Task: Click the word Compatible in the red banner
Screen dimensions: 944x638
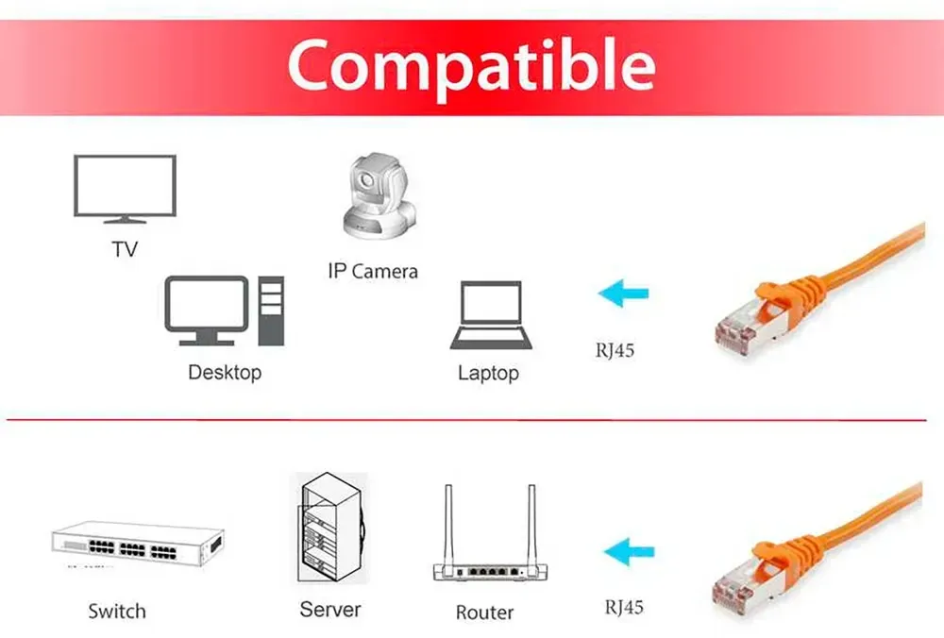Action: [x=471, y=67]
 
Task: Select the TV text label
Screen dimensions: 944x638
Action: [x=125, y=249]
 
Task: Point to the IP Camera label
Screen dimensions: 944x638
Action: [x=373, y=272]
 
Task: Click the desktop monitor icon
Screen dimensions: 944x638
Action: [x=206, y=311]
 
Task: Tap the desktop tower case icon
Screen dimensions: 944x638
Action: [x=271, y=311]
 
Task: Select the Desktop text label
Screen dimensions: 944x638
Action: [x=225, y=373]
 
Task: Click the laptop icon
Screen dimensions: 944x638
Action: [x=491, y=315]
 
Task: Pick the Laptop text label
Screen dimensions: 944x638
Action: [x=488, y=373]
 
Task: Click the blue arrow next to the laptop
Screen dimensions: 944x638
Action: [x=623, y=294]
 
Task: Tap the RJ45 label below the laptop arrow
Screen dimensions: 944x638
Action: [x=615, y=350]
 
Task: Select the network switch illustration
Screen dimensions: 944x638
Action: [x=138, y=543]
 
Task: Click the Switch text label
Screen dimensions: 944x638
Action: [x=117, y=612]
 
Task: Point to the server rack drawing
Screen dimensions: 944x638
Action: [x=331, y=528]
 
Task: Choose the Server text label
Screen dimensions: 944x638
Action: [x=330, y=610]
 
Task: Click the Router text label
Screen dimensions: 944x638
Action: [x=484, y=613]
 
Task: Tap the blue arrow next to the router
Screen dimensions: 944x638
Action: [x=629, y=552]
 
